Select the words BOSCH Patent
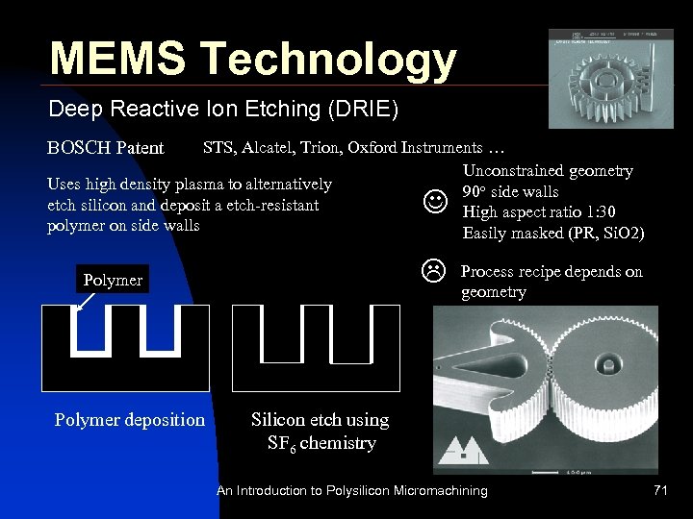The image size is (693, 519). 106,149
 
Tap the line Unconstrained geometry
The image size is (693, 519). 548,171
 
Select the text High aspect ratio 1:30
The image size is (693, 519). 539,212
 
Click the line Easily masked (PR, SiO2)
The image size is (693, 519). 553,234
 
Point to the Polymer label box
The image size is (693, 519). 113,280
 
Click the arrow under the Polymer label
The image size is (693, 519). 84,302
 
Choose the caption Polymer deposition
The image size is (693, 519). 129,420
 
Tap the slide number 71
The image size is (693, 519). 659,491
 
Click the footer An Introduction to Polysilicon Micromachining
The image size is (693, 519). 351,491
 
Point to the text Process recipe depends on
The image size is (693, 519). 552,272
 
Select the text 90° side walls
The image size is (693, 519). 511,191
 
